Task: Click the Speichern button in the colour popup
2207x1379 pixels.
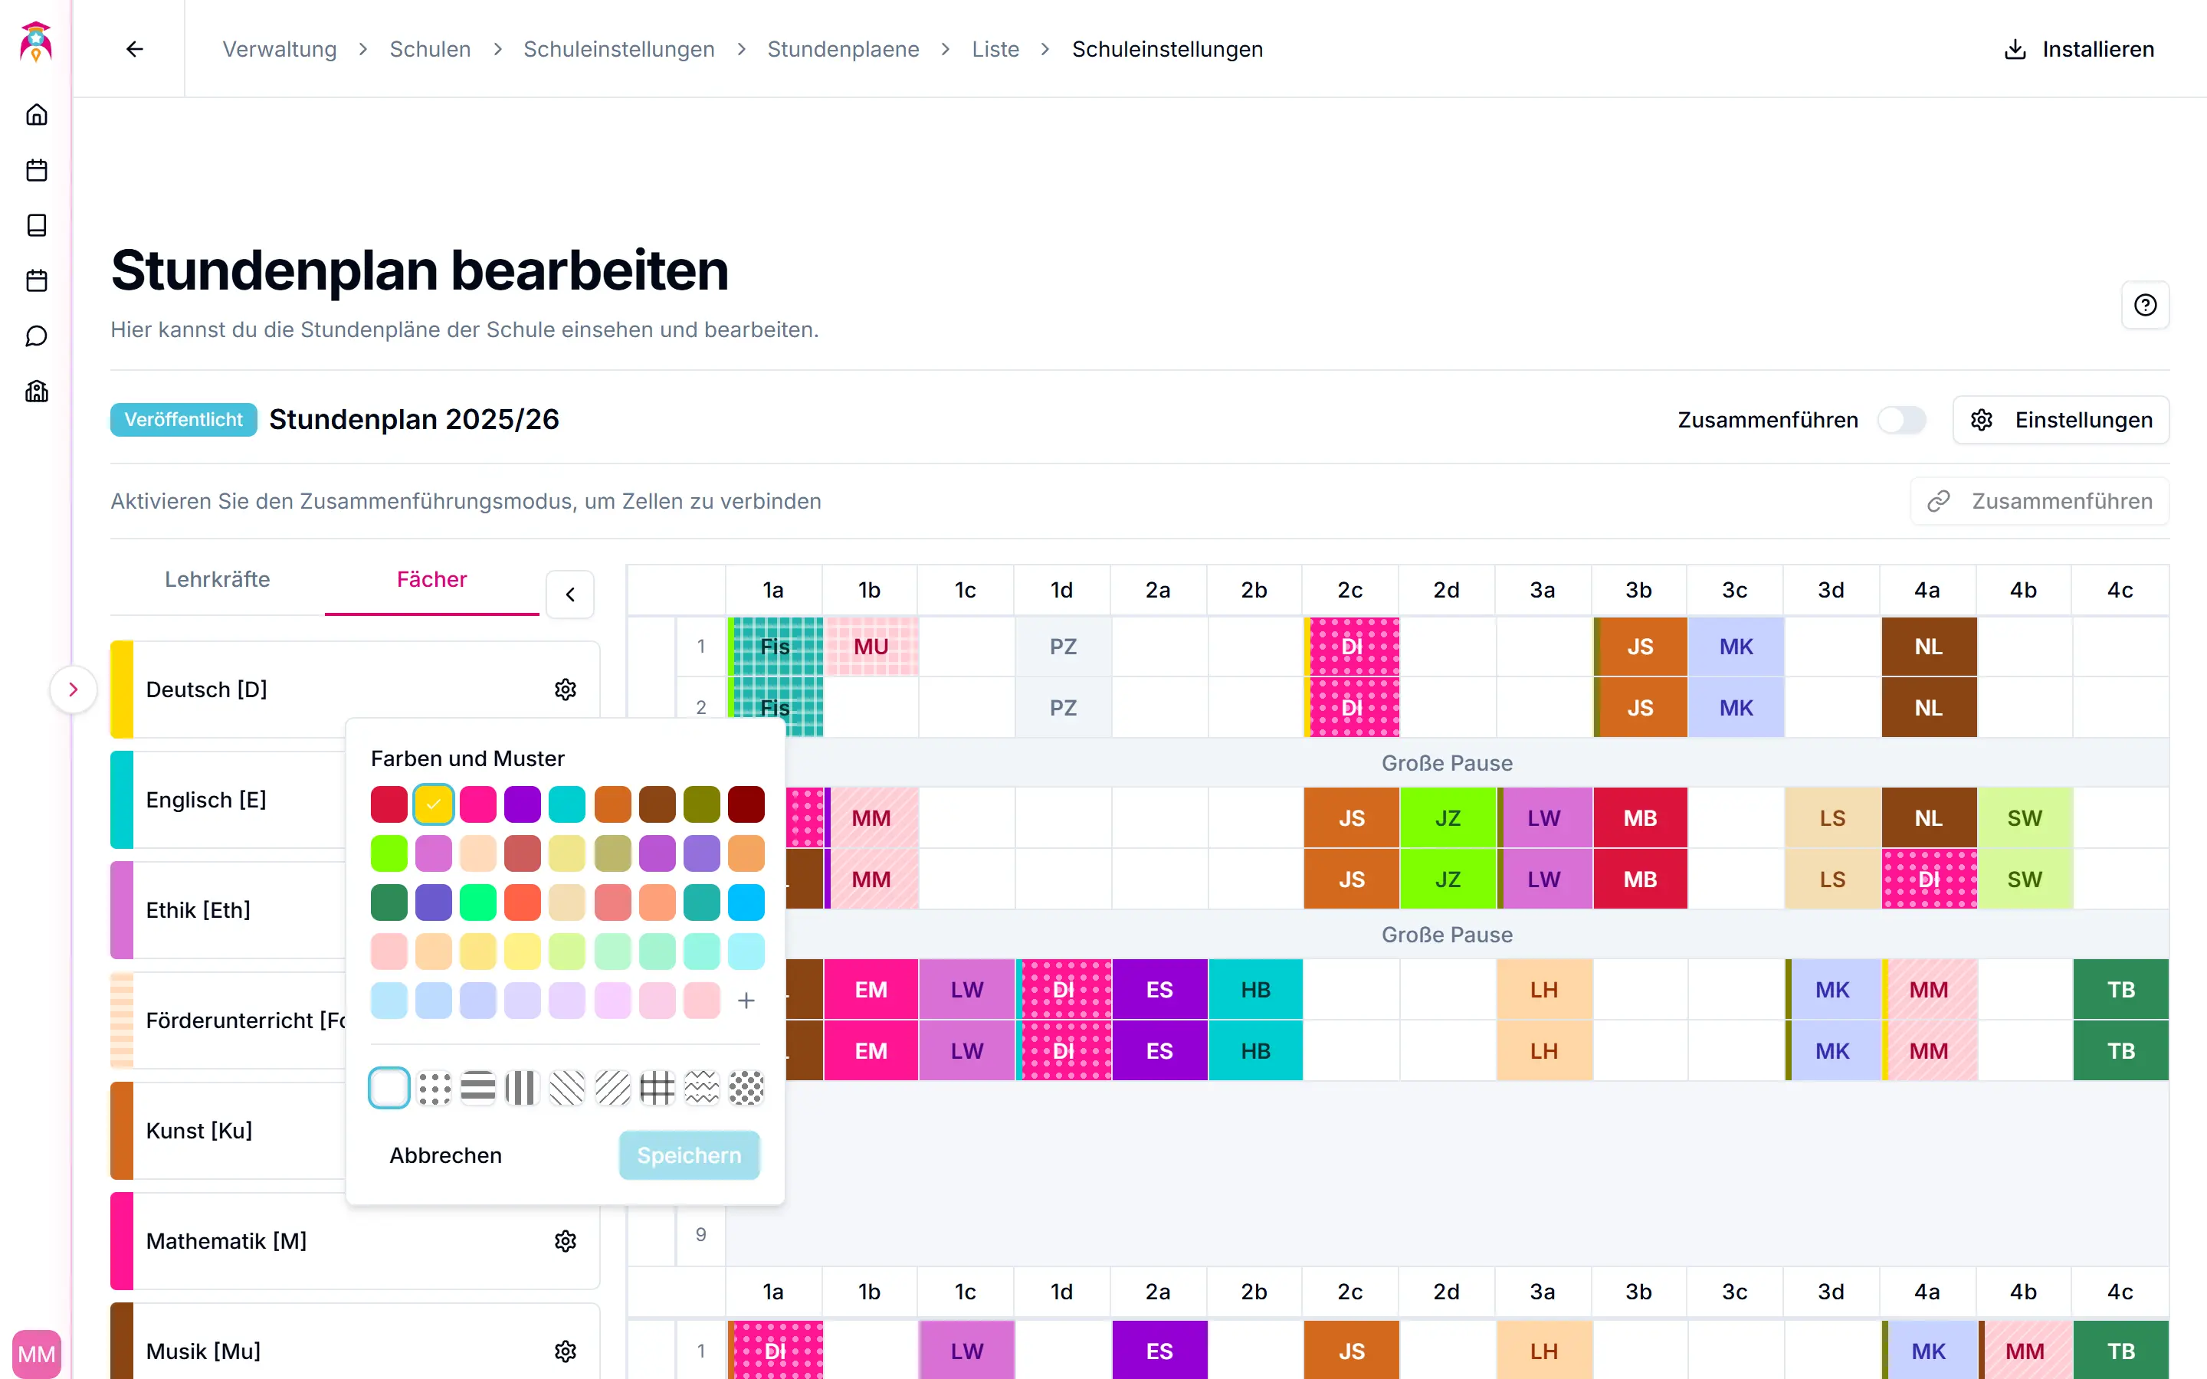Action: tap(689, 1155)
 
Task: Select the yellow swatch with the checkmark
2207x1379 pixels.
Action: tap(433, 804)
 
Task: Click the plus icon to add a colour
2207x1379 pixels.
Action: tap(746, 1001)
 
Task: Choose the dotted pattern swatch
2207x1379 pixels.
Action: tap(434, 1087)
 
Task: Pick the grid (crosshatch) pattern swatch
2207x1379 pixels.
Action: tap(657, 1087)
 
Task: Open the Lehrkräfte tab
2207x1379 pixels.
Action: tap(217, 579)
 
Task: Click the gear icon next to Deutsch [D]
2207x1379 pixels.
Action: tap(566, 689)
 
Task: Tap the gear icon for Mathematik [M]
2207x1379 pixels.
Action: tap(566, 1240)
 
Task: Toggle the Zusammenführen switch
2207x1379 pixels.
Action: tap(1901, 420)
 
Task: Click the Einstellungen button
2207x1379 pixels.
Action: tap(2061, 420)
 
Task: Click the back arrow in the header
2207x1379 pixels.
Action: tap(135, 49)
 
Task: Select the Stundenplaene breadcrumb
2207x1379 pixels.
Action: tap(843, 49)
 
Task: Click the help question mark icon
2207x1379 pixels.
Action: tap(2145, 305)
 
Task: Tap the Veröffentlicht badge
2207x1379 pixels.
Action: tap(183, 420)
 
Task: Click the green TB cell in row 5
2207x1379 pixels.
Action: tap(2120, 990)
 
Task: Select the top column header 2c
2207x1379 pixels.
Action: tap(1349, 590)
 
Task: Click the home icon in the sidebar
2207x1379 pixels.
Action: tap(37, 115)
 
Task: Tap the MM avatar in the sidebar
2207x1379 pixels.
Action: tap(37, 1354)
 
